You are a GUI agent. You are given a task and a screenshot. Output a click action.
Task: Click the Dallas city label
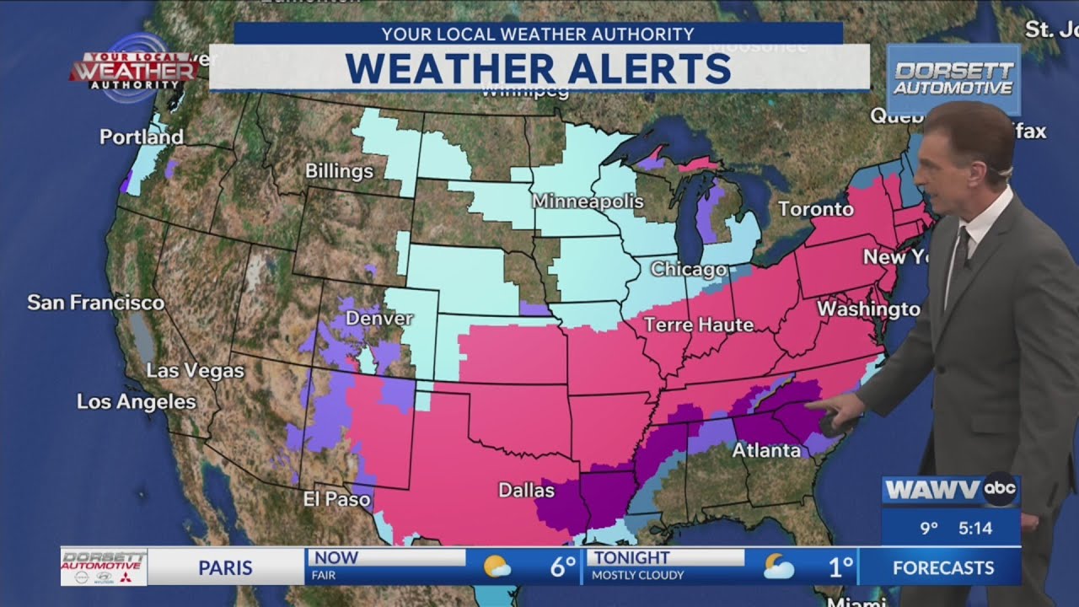526,490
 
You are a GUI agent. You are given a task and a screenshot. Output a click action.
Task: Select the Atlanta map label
765,450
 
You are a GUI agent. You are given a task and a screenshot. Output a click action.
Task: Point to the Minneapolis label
587,201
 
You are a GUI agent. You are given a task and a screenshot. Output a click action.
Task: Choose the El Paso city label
336,500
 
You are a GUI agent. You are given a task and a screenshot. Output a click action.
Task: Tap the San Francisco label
95,302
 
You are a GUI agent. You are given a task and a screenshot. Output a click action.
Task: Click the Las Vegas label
195,370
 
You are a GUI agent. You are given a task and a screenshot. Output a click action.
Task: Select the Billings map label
339,171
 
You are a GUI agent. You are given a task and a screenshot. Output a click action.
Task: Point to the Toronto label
815,208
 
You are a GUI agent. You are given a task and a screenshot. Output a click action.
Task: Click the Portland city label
141,137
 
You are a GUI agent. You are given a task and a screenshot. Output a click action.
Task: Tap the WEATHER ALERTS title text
539,68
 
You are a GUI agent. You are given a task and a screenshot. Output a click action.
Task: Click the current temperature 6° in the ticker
562,567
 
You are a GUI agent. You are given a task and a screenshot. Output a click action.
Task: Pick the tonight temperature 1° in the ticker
840,567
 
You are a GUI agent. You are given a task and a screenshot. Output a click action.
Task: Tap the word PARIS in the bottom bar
226,567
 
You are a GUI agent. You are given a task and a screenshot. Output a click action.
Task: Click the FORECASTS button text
942,567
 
